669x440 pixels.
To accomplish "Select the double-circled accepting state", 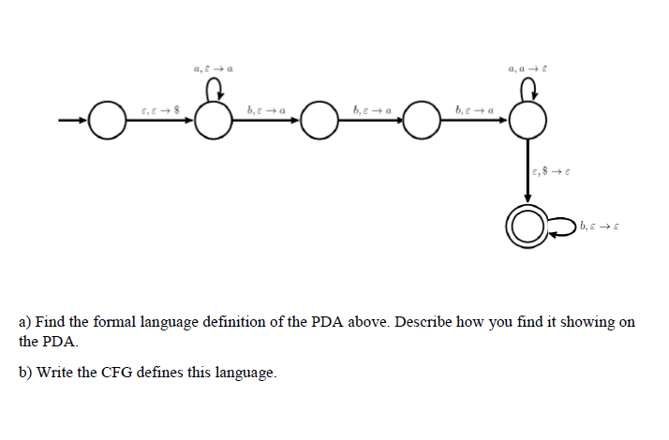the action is (527, 226).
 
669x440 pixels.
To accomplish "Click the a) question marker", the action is (26, 322).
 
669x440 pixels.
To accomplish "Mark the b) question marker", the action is (26, 373).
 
